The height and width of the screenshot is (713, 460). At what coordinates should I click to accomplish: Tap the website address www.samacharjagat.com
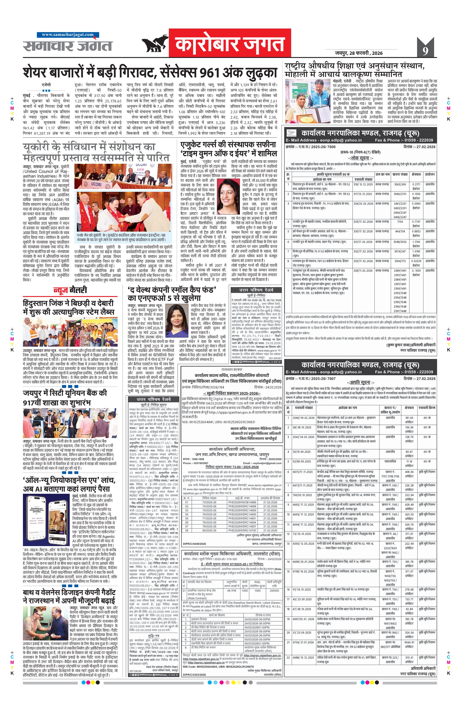pyautogui.click(x=67, y=35)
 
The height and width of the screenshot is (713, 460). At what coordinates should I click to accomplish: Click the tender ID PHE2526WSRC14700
pyautogui.click(x=242, y=531)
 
